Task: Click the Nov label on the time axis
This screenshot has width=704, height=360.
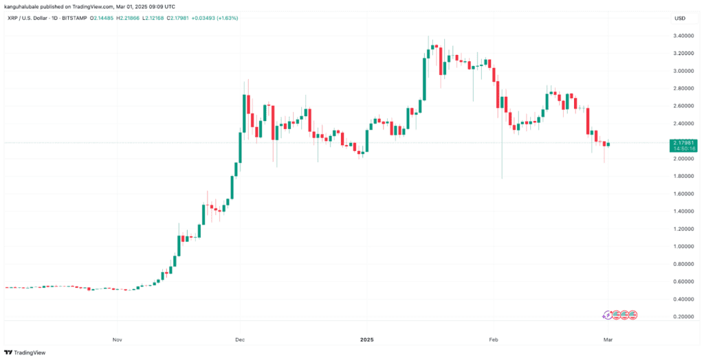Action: point(117,339)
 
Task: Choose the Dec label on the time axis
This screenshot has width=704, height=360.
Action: point(239,339)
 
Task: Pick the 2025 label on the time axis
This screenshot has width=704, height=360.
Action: point(365,339)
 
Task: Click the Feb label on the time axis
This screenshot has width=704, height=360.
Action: point(492,339)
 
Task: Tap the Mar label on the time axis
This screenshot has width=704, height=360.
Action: point(609,339)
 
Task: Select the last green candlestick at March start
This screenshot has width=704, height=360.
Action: point(608,144)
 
